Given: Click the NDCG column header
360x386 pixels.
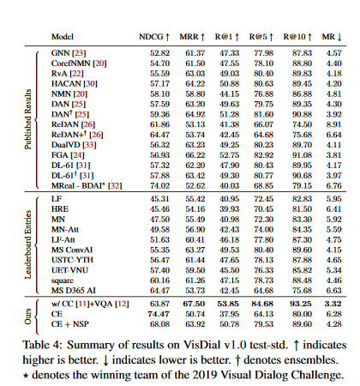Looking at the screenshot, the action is [154, 37].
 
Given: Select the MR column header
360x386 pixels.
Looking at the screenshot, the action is [332, 37].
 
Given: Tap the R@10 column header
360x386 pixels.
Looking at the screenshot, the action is [297, 37].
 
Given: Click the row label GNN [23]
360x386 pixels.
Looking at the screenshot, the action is [69, 53].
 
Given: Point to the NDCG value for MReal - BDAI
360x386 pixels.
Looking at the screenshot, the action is [159, 186].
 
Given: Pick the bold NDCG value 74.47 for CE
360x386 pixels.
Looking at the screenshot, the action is [159, 314].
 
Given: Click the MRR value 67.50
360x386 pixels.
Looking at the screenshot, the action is [194, 304].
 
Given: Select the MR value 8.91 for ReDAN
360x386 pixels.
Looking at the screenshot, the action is [333, 124].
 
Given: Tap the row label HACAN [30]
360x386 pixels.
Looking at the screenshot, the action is [75, 84].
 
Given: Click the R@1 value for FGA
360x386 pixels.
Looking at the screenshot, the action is [229, 155].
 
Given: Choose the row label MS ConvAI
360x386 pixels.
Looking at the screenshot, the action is [72, 250].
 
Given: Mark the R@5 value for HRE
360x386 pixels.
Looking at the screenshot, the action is [263, 209].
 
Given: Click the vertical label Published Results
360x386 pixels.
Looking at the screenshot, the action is [27, 119].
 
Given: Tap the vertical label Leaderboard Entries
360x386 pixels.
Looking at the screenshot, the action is [27, 244].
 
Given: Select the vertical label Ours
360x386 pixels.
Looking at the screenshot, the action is [27, 317].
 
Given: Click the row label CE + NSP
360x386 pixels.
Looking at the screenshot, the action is [70, 324].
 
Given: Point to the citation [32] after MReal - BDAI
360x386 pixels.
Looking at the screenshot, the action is [115, 186].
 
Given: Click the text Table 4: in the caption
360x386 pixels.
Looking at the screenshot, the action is [42, 345].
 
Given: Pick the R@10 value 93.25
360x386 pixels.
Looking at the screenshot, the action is [300, 304].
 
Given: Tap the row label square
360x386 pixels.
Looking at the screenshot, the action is [63, 280].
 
